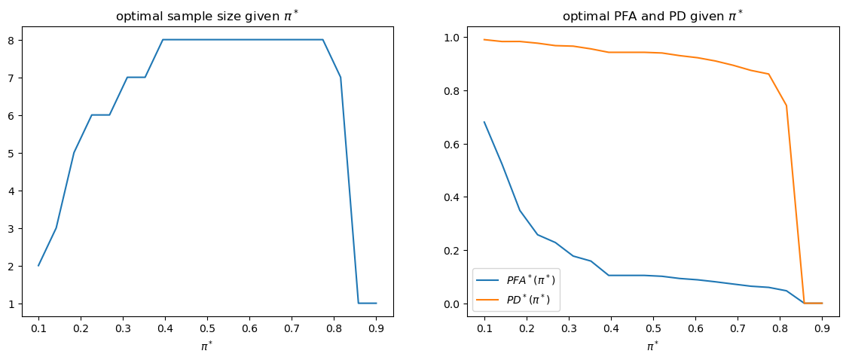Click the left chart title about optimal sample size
point(207,16)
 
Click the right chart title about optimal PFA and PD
point(653,16)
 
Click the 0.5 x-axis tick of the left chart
point(208,329)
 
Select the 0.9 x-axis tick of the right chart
point(823,329)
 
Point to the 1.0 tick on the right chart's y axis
point(466,38)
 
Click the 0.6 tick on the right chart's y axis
point(466,144)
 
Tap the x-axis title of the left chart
point(207,346)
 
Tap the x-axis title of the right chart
point(653,346)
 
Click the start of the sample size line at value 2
point(38,265)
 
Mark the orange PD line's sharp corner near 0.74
point(786,105)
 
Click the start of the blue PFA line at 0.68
point(484,122)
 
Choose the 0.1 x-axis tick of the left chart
point(38,329)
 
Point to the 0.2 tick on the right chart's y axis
point(466,250)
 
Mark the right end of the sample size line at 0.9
point(376,303)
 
